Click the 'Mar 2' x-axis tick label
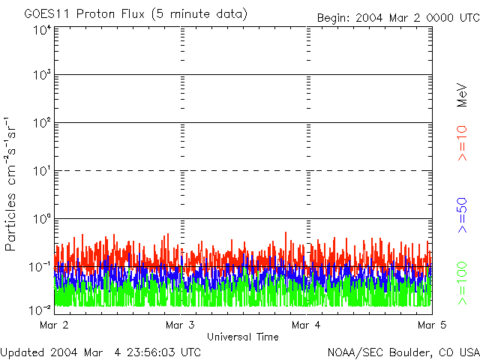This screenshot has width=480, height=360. tap(53, 325)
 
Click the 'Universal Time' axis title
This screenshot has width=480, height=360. tap(242, 337)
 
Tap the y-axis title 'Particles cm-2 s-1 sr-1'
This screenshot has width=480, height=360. tap(12, 184)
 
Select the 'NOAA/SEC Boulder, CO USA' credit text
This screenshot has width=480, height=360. tap(403, 352)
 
